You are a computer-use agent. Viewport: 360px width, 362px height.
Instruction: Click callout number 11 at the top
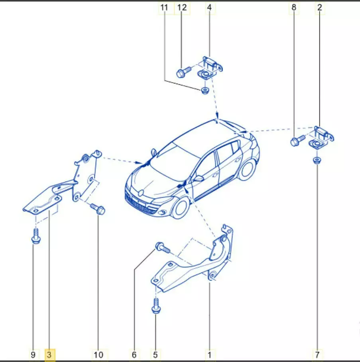[x=164, y=8]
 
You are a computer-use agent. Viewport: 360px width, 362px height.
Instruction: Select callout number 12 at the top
[x=182, y=8]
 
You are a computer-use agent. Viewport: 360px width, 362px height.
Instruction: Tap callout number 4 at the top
[x=209, y=8]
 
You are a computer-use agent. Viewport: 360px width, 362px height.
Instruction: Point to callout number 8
[x=293, y=8]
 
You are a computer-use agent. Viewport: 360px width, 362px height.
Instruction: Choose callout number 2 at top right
[x=319, y=8]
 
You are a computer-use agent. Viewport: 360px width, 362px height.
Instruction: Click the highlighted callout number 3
[x=49, y=354]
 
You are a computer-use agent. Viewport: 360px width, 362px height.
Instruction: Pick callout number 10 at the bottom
[x=98, y=354]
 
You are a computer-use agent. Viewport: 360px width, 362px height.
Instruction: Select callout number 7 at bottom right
[x=317, y=354]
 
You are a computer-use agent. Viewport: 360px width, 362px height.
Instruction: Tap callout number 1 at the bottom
[x=209, y=354]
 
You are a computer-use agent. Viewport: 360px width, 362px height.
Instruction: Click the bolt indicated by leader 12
[x=183, y=71]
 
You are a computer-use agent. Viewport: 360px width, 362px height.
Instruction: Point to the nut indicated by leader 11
[x=205, y=90]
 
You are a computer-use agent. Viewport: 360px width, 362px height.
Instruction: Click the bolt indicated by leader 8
[x=298, y=140]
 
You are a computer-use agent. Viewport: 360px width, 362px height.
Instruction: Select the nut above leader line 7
[x=317, y=160]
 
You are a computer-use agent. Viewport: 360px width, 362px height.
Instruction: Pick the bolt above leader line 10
[x=98, y=208]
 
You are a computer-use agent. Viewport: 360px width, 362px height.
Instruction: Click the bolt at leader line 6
[x=163, y=247]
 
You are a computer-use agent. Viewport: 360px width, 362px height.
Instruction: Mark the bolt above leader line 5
[x=156, y=306]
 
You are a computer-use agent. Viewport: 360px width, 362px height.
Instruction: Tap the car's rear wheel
[x=247, y=170]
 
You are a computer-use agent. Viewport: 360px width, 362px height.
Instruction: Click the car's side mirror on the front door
[x=198, y=178]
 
